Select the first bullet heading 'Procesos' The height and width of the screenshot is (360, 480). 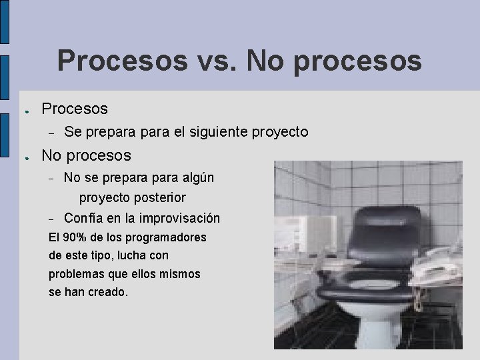click(x=75, y=108)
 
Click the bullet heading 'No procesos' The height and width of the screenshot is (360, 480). click(x=87, y=156)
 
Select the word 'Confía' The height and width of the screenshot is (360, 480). click(x=84, y=219)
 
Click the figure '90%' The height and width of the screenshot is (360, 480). click(x=75, y=237)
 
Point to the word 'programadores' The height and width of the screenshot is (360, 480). click(x=169, y=237)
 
